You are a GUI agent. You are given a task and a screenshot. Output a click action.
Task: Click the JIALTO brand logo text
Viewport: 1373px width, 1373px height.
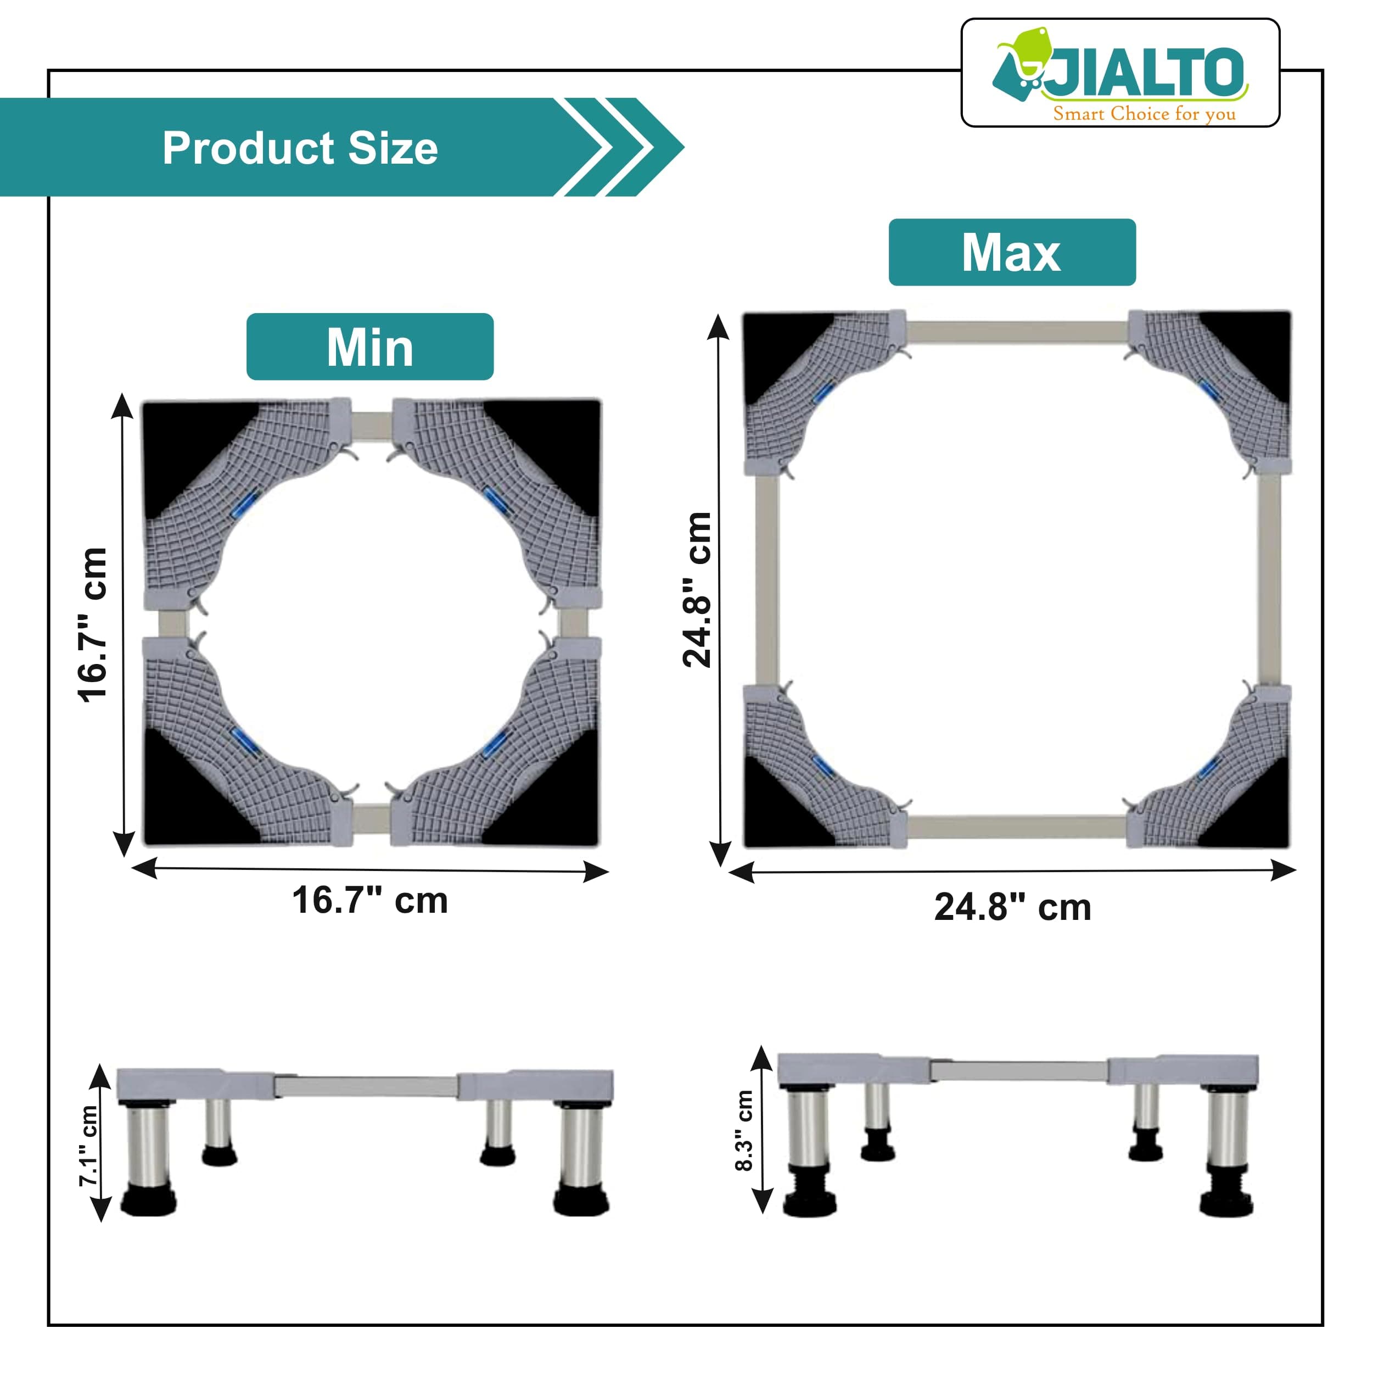(x=1146, y=73)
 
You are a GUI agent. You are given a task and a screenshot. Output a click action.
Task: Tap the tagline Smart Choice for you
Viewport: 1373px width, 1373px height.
(x=1144, y=114)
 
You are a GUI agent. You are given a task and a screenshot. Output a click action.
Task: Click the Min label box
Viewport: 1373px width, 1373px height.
(x=369, y=347)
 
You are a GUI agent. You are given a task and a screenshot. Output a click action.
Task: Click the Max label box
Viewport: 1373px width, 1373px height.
(x=1011, y=253)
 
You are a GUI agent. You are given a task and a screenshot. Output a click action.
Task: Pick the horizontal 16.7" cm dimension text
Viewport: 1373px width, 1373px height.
(x=369, y=901)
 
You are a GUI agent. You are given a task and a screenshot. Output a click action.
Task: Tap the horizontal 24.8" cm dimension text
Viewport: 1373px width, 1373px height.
(x=1012, y=907)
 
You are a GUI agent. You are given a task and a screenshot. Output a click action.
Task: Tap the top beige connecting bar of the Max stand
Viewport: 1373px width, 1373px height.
(x=1016, y=331)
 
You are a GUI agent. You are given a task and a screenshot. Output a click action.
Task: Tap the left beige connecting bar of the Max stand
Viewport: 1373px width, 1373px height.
(x=766, y=579)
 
